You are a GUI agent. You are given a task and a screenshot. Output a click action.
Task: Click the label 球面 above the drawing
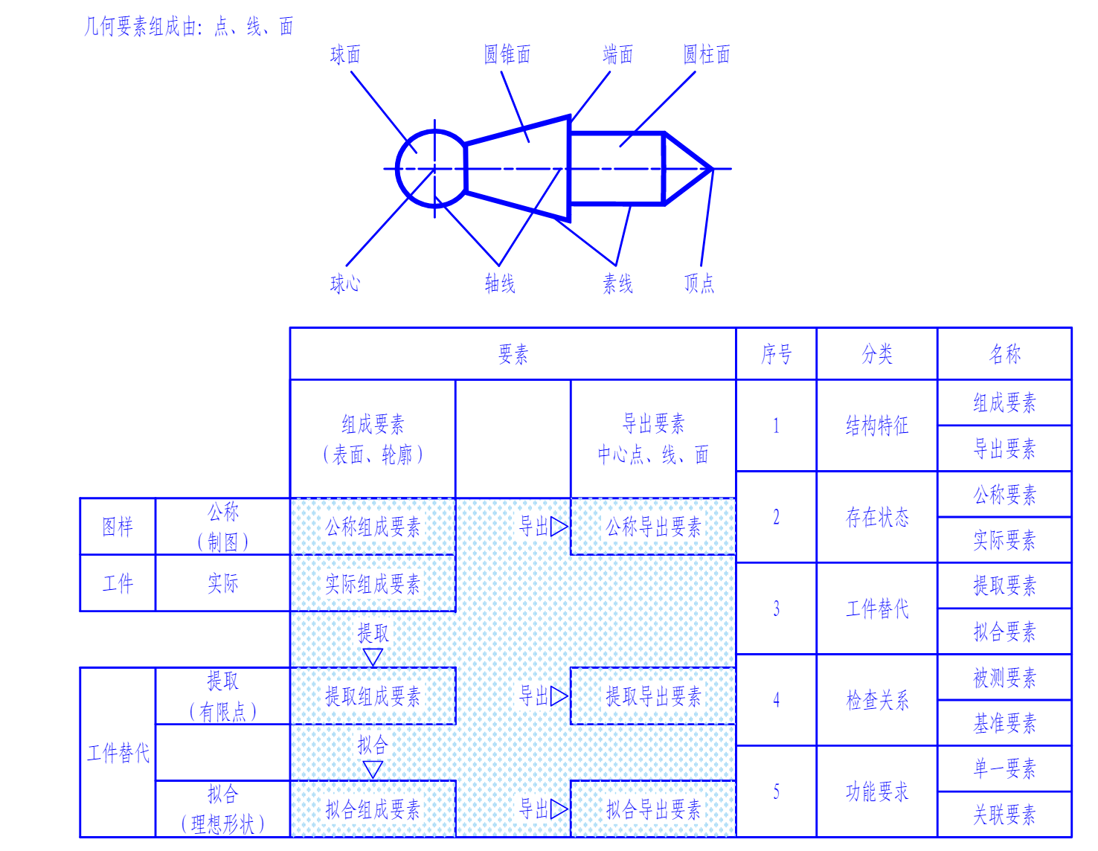click(x=345, y=54)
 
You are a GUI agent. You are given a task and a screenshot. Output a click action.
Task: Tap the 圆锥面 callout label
click(x=507, y=54)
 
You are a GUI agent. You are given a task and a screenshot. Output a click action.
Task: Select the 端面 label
click(x=617, y=54)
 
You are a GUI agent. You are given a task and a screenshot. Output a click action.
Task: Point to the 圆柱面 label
click(x=707, y=54)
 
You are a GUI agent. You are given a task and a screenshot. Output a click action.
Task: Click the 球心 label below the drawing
click(x=345, y=283)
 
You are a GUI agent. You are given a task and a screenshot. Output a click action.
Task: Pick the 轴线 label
click(x=500, y=283)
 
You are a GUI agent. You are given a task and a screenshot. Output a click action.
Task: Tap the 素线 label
click(x=617, y=283)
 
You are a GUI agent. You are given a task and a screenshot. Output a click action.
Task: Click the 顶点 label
click(x=699, y=283)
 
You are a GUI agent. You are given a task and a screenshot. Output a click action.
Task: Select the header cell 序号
click(x=776, y=354)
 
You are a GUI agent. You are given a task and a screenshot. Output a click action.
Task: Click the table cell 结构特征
click(x=877, y=425)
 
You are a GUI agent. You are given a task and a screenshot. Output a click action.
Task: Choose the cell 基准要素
click(x=1004, y=723)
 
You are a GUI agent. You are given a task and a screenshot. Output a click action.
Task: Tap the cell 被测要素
click(x=1004, y=678)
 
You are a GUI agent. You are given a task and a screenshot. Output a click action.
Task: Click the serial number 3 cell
click(x=776, y=608)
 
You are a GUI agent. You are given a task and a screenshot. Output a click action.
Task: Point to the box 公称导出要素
click(x=653, y=527)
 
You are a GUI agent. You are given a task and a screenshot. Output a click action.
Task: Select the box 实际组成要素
click(x=373, y=584)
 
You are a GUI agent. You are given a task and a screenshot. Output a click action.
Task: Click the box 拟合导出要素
click(x=653, y=809)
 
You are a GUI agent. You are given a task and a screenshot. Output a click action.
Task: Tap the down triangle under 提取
click(x=373, y=657)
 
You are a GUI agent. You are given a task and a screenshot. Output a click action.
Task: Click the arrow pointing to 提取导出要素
click(x=559, y=697)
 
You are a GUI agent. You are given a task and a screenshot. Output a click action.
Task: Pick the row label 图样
click(x=118, y=527)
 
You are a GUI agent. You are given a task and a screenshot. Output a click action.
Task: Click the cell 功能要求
click(x=877, y=791)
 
